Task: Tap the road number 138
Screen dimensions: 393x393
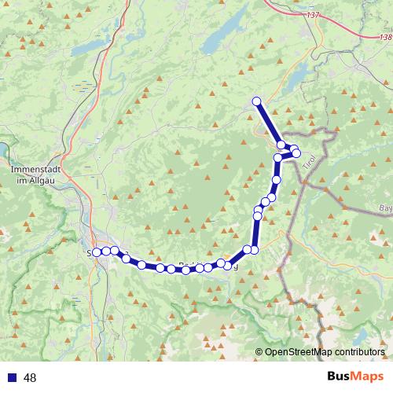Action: click(384, 37)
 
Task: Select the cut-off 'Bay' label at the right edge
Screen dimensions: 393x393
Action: click(385, 208)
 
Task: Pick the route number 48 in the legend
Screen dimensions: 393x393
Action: click(31, 377)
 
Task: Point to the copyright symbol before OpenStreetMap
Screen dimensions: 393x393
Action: click(259, 353)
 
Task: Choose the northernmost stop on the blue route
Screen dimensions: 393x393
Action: click(256, 101)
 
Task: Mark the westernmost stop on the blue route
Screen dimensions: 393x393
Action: click(97, 252)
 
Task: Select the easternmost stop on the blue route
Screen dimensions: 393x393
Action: click(296, 152)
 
